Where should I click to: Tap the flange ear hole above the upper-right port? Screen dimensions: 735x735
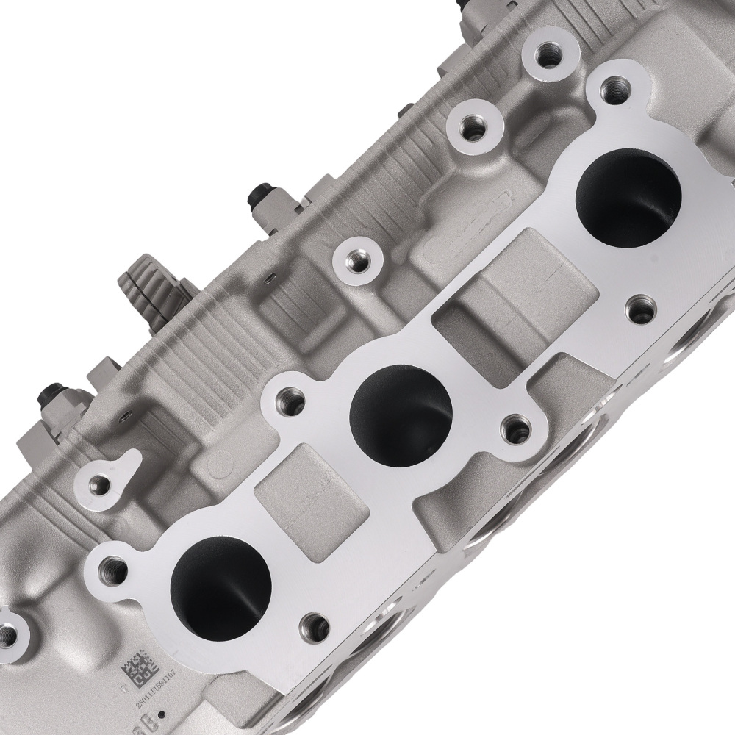pos(611,91)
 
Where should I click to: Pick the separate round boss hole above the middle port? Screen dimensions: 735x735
pos(356,260)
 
